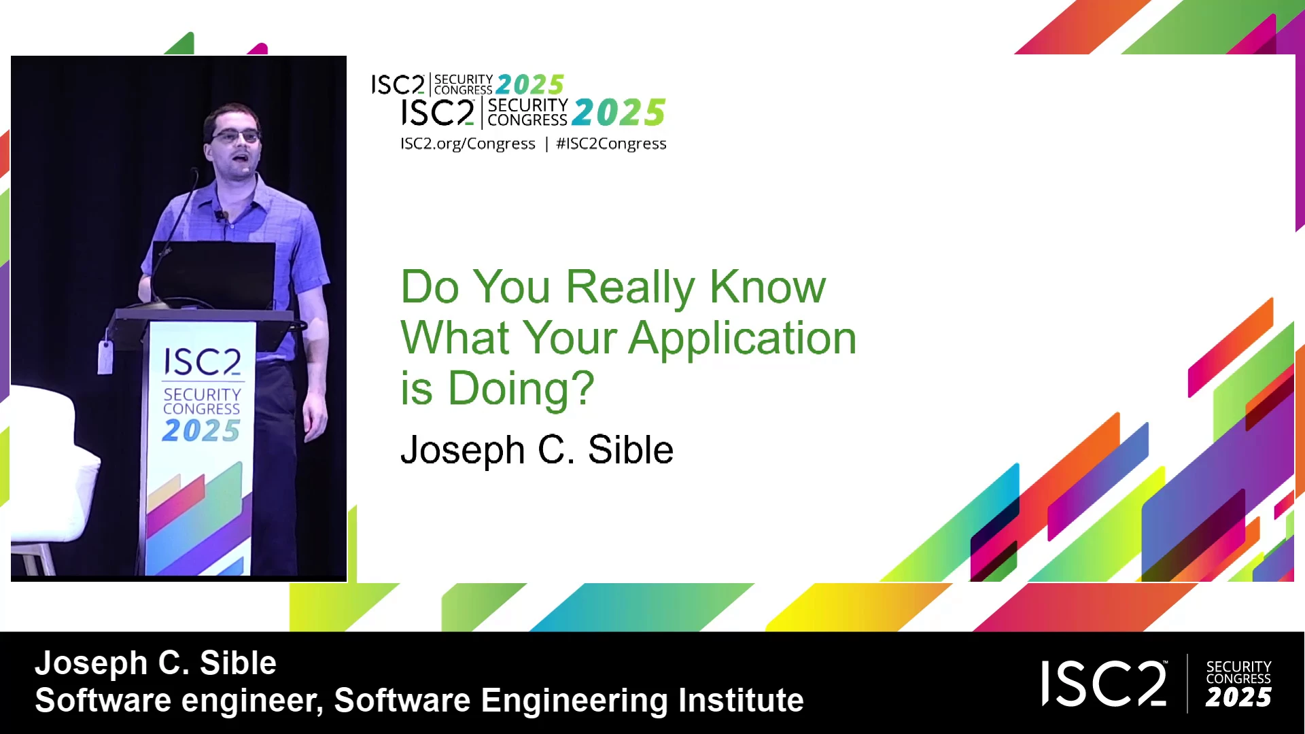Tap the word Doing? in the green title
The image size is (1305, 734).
coord(521,389)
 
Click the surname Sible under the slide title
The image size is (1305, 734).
coord(630,450)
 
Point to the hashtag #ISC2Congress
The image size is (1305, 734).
coord(611,144)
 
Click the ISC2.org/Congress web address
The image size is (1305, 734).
coord(468,144)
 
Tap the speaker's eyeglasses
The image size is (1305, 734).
coord(235,136)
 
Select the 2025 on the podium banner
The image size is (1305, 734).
coord(201,430)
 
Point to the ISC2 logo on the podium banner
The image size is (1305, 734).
coord(202,362)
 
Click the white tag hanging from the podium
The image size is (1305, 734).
coord(105,357)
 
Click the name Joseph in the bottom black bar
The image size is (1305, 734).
coord(91,664)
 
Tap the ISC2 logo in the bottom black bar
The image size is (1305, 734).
coord(1104,684)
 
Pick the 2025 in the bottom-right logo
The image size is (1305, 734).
coord(1238,698)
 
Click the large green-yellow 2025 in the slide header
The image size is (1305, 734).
coord(619,113)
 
